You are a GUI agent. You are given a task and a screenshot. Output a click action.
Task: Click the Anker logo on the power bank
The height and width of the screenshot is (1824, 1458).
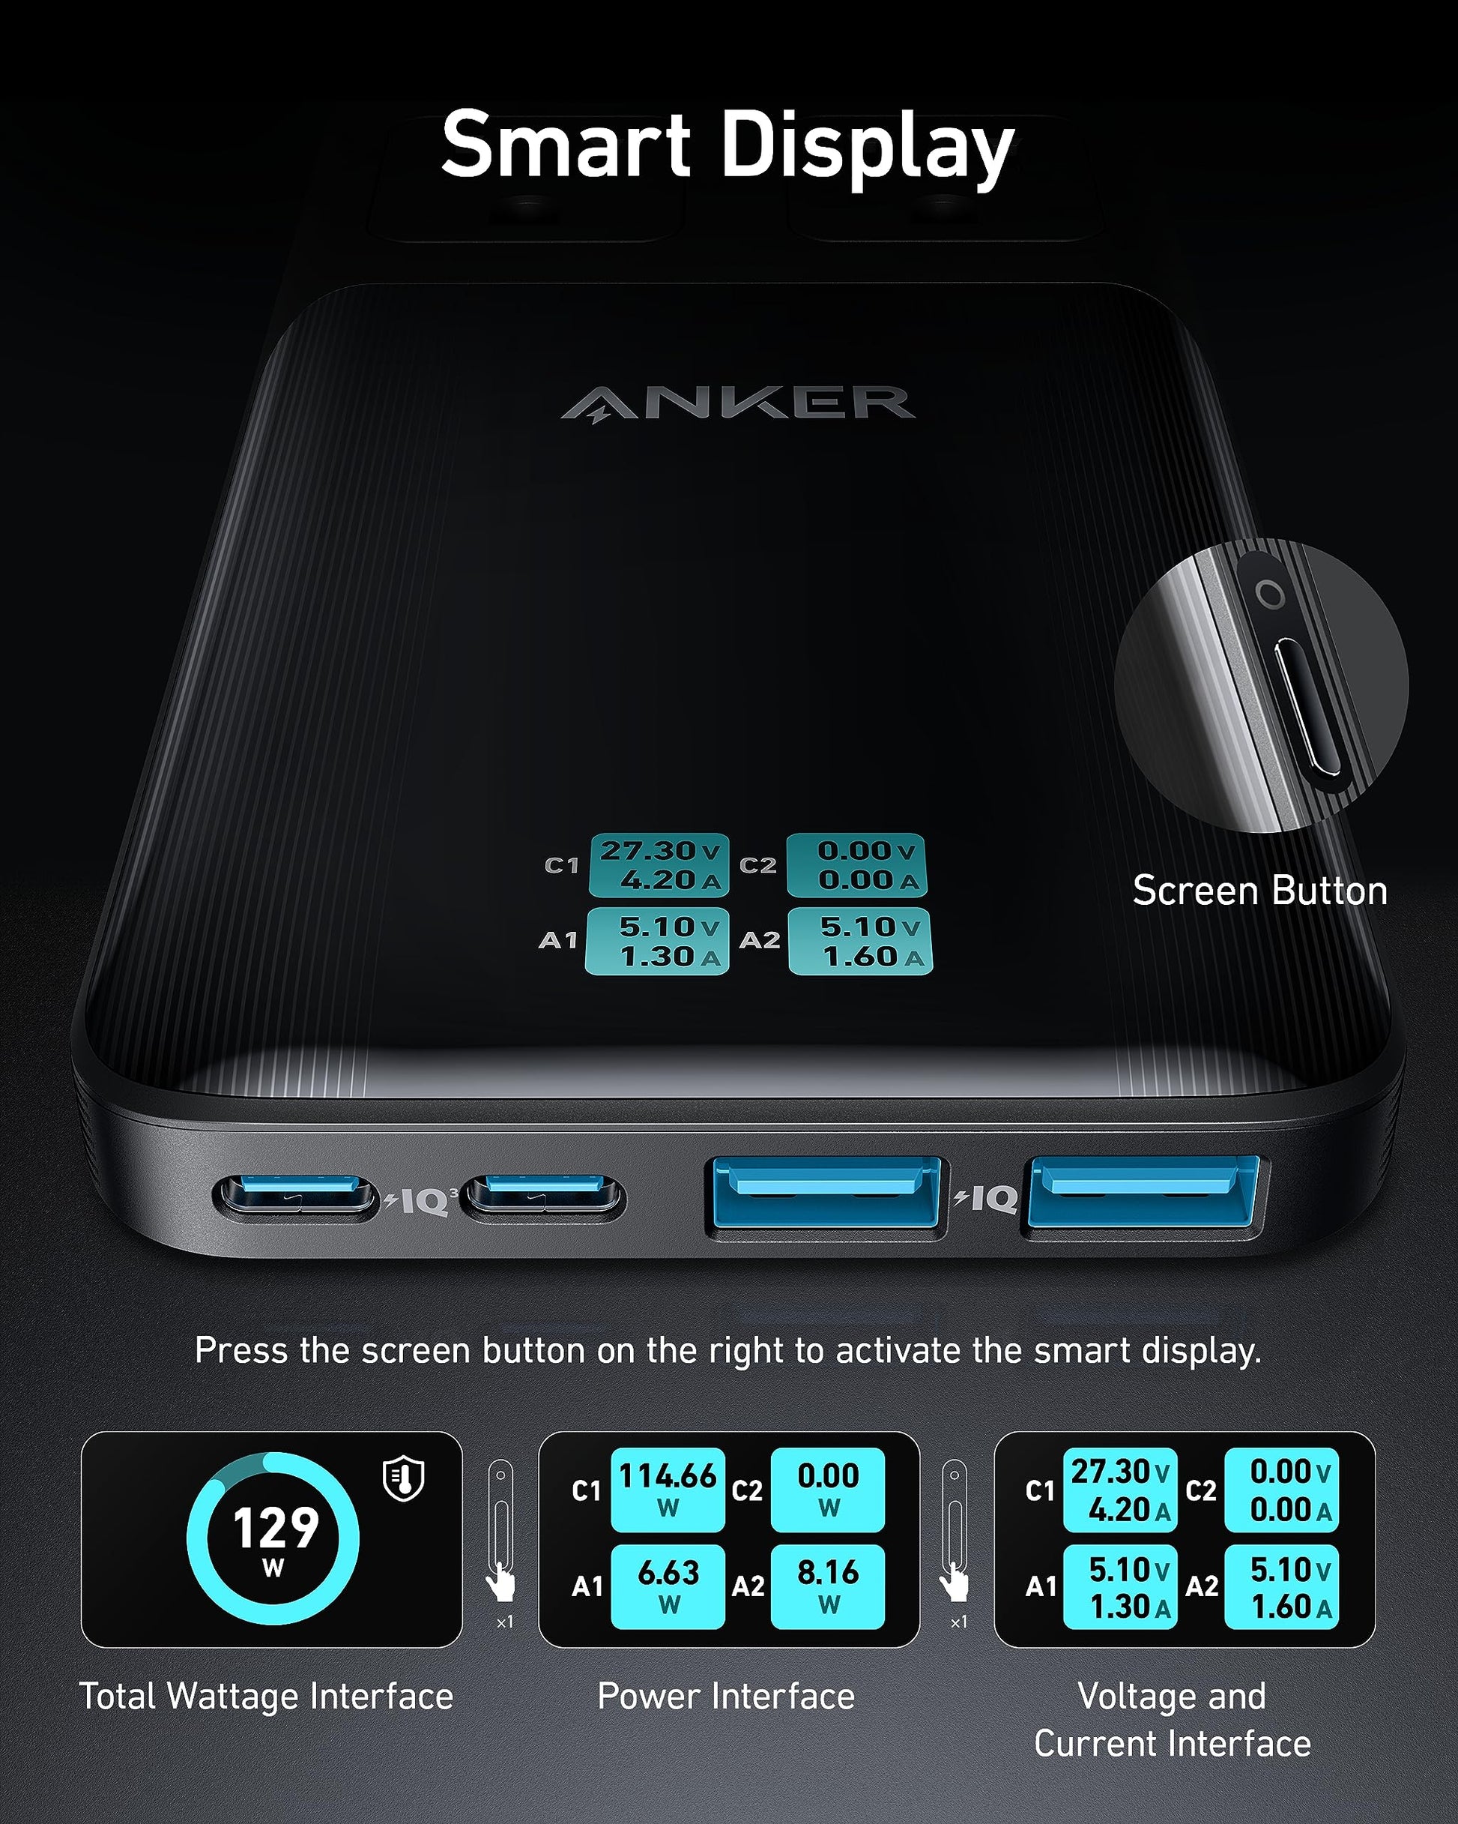pyautogui.click(x=737, y=403)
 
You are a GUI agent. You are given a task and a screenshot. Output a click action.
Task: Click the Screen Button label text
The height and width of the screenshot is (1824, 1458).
pyautogui.click(x=1259, y=891)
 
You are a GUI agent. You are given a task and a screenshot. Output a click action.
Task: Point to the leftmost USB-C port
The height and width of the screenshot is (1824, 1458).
pyautogui.click(x=295, y=1197)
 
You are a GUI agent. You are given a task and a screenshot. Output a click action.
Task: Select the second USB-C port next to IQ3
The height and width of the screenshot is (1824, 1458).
pyautogui.click(x=545, y=1197)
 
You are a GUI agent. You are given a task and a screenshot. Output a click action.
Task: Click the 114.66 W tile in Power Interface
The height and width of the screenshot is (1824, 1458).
pyautogui.click(x=668, y=1489)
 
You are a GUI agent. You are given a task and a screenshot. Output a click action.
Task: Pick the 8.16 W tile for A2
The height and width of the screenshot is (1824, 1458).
pyautogui.click(x=827, y=1586)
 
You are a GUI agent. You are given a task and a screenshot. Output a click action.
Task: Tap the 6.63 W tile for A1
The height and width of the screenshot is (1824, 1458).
pyautogui.click(x=668, y=1586)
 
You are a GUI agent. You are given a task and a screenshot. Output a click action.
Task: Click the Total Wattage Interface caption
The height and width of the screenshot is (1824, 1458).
pyautogui.click(x=267, y=1697)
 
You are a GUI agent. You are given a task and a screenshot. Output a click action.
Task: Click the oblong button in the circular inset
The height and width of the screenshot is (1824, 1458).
pyautogui.click(x=1307, y=707)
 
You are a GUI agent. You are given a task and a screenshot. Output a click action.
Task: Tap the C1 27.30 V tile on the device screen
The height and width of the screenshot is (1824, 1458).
pyautogui.click(x=659, y=864)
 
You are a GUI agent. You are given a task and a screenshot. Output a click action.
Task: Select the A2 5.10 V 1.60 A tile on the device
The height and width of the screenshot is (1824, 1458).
pyautogui.click(x=860, y=941)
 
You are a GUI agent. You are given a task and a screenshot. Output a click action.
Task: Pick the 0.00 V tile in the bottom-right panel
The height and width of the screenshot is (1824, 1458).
pyautogui.click(x=1281, y=1490)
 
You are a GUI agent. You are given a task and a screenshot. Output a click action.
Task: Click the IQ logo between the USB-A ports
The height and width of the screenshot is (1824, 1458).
pyautogui.click(x=986, y=1198)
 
